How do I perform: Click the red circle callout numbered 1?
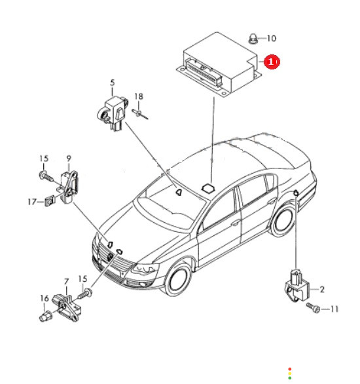click(x=272, y=62)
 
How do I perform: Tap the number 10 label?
click(x=271, y=39)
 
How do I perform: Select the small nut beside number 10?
click(x=253, y=39)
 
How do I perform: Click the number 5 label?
click(x=113, y=83)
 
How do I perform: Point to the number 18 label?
click(x=139, y=96)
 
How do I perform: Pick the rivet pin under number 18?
click(x=140, y=114)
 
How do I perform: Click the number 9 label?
click(x=69, y=159)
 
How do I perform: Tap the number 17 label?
click(x=32, y=202)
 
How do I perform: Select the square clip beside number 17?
click(x=50, y=201)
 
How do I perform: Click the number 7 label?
click(x=67, y=282)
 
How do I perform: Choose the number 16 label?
click(x=45, y=298)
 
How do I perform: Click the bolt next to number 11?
click(x=313, y=307)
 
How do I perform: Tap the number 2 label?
click(x=322, y=290)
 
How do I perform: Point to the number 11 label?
click(x=334, y=309)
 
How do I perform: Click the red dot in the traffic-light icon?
click(x=290, y=369)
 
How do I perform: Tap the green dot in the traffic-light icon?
click(x=290, y=378)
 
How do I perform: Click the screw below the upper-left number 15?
click(x=46, y=176)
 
